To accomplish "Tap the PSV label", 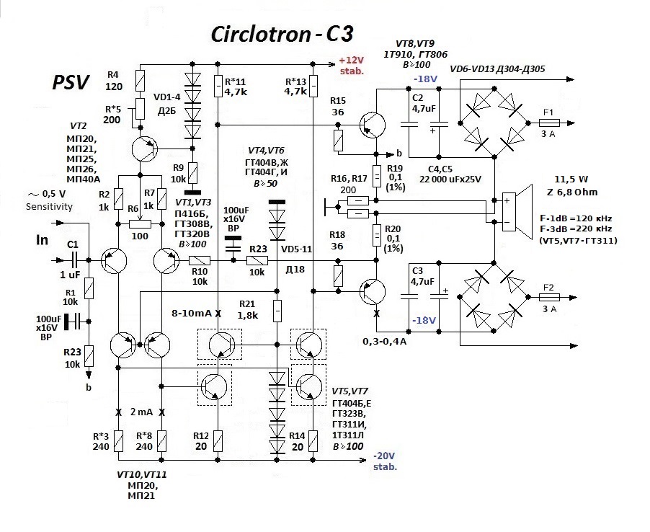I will tap(70, 83).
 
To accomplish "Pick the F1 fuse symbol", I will tap(548, 123).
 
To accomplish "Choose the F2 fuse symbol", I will tap(548, 296).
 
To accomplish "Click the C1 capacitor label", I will tap(73, 244).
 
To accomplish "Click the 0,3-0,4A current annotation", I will tap(384, 341).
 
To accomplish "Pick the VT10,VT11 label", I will tap(142, 476).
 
